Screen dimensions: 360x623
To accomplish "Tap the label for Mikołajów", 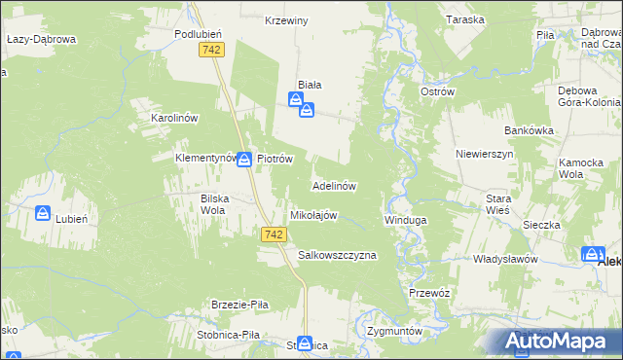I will (x=313, y=215).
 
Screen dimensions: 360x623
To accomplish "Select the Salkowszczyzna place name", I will (x=337, y=255).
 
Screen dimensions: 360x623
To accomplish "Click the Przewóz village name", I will (x=428, y=292).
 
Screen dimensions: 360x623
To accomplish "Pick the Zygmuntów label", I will (x=395, y=331).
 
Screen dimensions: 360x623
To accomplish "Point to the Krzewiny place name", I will (x=287, y=20).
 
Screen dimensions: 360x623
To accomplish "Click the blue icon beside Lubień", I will (x=43, y=213).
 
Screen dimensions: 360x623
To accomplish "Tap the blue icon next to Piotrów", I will (x=247, y=159).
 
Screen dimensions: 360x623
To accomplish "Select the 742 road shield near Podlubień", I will (x=210, y=49).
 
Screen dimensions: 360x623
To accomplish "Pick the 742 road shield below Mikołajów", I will (x=275, y=234).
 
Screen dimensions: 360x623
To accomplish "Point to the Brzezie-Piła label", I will (x=235, y=305).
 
